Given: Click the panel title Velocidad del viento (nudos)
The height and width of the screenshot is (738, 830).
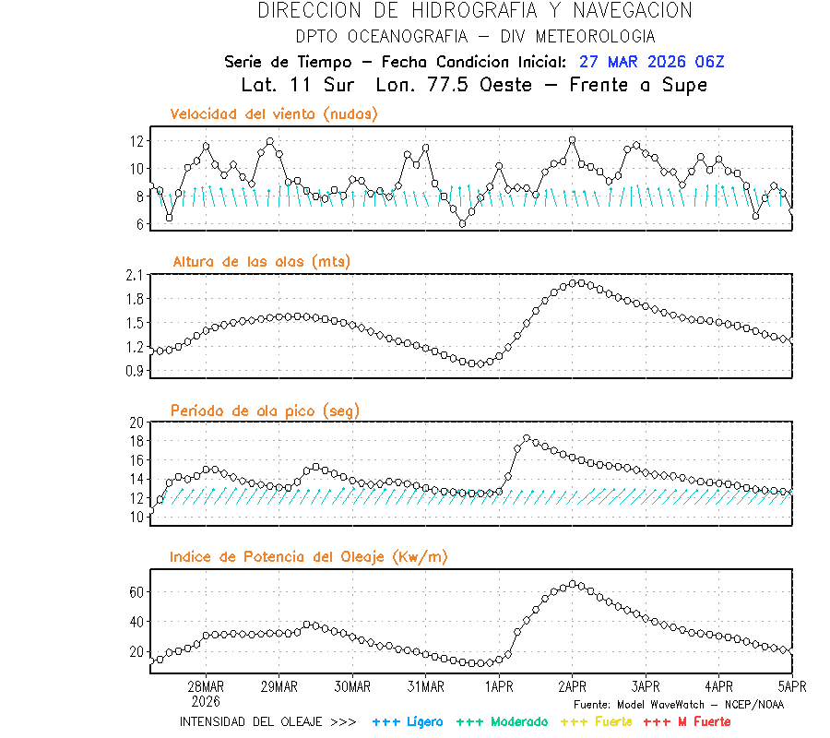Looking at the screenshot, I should point(274,114).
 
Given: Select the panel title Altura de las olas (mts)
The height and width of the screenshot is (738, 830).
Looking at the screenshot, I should point(261,262).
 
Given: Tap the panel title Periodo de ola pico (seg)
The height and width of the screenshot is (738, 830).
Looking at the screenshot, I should point(265,411).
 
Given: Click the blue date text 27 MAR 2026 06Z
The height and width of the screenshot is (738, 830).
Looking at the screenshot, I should point(652,62).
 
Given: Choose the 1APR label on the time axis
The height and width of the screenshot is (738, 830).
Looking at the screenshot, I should point(499,686).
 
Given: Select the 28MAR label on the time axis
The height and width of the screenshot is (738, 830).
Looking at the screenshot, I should point(206,686).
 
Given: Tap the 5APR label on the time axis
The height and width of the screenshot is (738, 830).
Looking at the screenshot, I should point(791,686).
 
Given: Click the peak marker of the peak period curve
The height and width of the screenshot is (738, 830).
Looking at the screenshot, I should point(527,438).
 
